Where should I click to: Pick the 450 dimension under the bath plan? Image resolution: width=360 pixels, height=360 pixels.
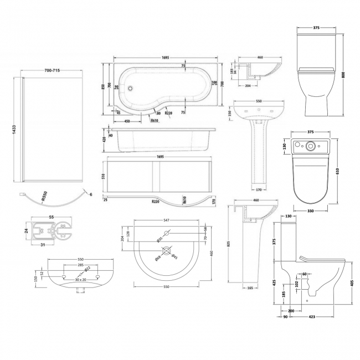tap(127, 122)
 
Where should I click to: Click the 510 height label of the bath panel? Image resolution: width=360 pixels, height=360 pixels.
tap(104, 177)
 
